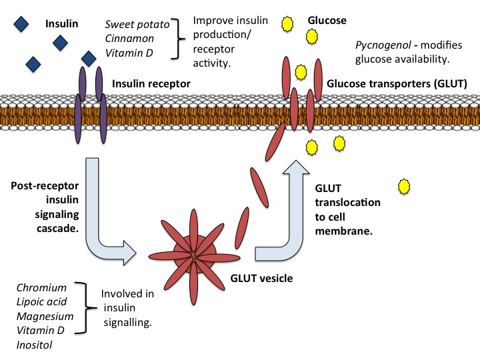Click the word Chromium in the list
[x=42, y=288]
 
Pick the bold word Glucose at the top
[x=327, y=21]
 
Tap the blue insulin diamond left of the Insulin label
[x=22, y=24]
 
